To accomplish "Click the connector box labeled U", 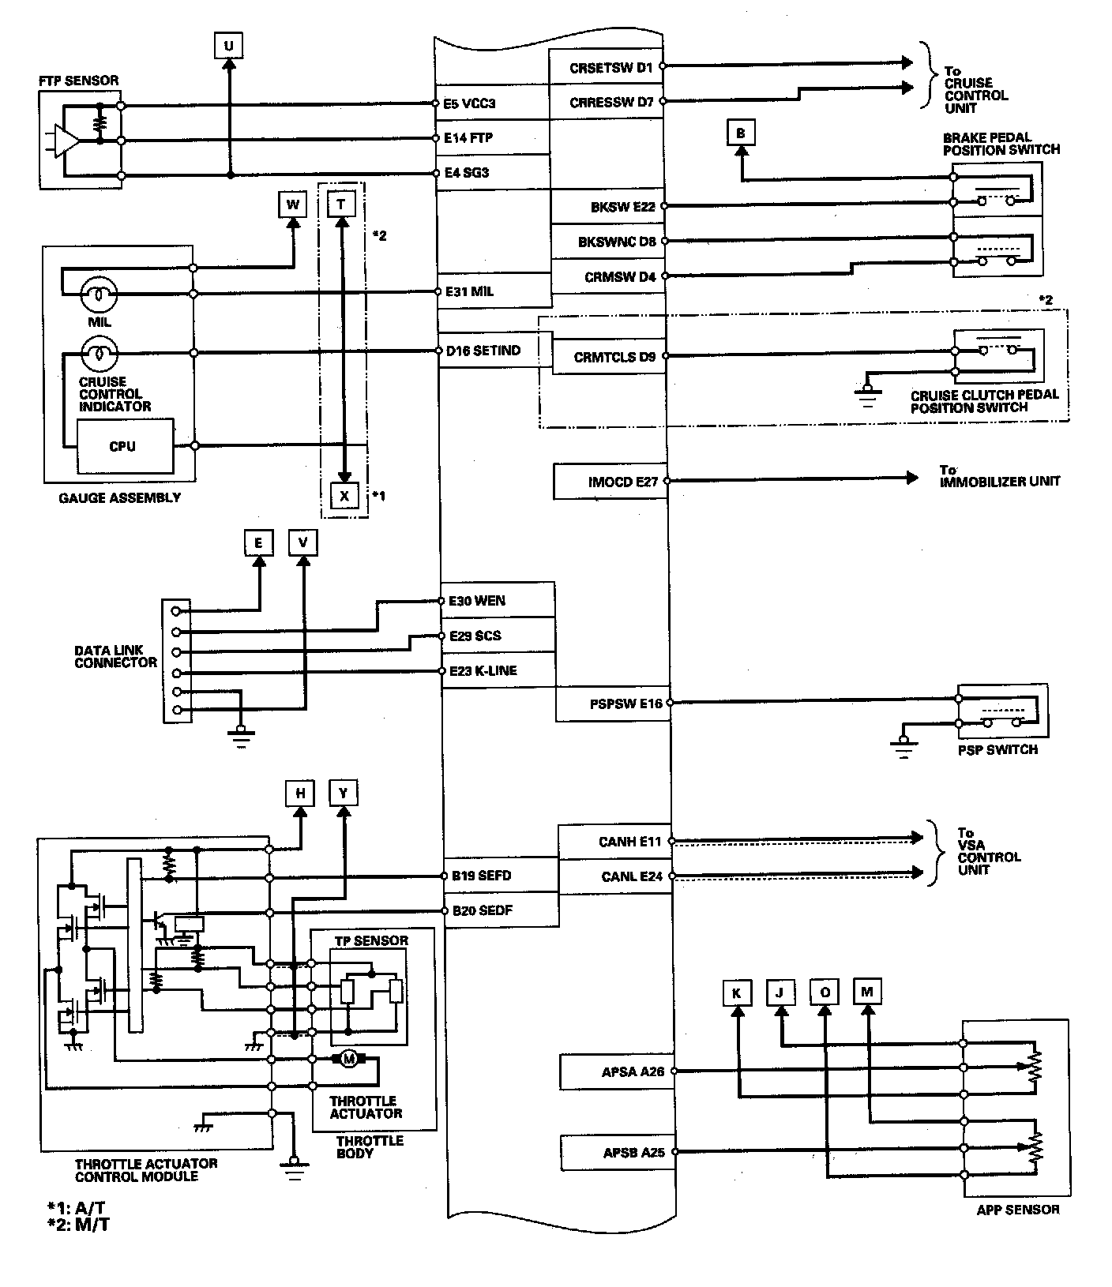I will [228, 46].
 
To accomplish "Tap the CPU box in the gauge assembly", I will [122, 446].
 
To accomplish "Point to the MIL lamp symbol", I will [100, 295].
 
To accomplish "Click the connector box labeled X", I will [344, 496].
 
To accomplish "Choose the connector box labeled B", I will [741, 133].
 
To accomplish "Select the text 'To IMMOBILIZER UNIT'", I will [999, 476].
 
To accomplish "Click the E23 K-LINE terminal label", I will [483, 670].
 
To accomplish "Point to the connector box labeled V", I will [303, 543].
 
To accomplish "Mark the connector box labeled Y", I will [344, 793].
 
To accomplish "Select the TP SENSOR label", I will [370, 940].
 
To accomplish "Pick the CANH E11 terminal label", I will [629, 842].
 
